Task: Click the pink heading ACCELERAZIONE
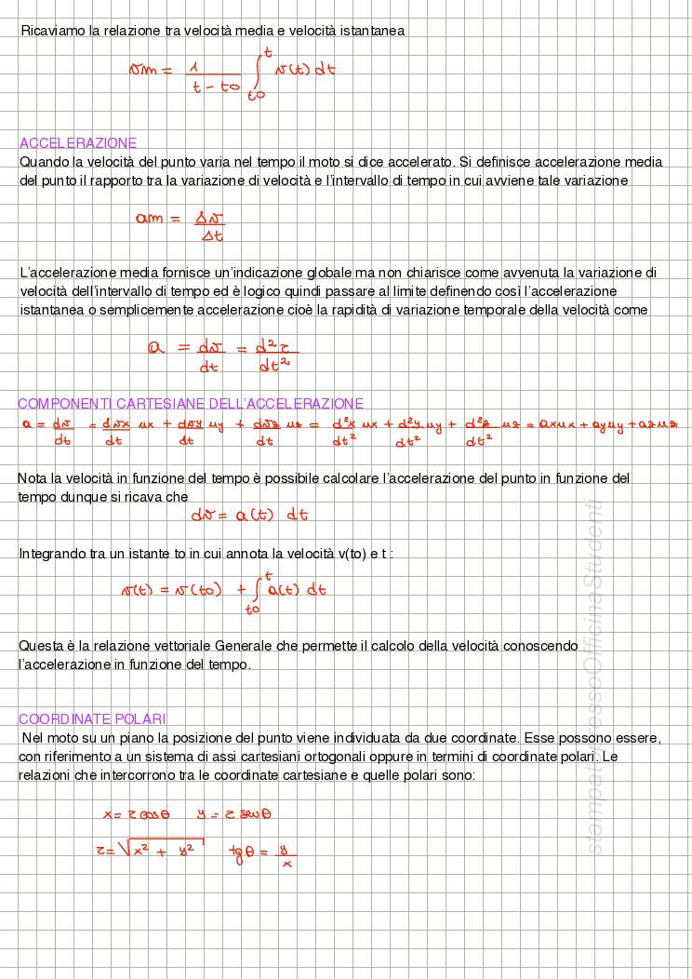[78, 143]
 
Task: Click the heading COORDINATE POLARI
[92, 718]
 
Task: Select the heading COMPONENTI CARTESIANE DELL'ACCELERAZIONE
[191, 404]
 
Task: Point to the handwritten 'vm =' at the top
[151, 70]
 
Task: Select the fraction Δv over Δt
[211, 227]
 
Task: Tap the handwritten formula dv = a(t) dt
[249, 515]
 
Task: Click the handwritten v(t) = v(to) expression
[172, 590]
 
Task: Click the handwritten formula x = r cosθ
[136, 814]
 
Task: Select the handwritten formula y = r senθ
[234, 814]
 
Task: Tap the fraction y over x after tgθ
[286, 855]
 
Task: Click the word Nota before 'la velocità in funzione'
[33, 478]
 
